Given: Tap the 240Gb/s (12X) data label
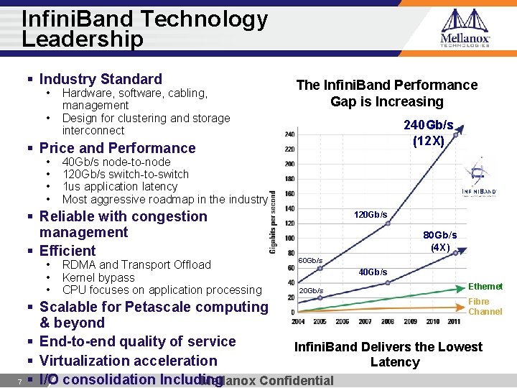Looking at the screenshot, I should (x=429, y=133).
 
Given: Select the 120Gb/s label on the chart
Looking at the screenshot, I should (x=371, y=215).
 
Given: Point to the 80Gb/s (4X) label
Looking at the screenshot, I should (x=439, y=241).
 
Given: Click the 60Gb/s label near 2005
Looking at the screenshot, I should (x=310, y=260).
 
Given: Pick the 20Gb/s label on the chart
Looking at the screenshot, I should (x=310, y=290).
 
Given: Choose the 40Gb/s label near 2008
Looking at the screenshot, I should (x=373, y=272).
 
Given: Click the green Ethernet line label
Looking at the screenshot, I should (x=485, y=287).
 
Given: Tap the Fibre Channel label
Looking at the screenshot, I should (x=485, y=307).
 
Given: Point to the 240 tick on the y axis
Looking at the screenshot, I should (x=289, y=134).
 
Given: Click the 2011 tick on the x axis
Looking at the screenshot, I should (x=453, y=321).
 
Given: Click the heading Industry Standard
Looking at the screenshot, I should (x=101, y=79).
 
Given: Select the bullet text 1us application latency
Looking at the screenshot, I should (x=120, y=186).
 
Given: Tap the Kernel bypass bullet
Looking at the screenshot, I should (x=98, y=277).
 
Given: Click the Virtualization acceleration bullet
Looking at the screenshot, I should (x=128, y=361).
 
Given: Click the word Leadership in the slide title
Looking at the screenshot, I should (x=83, y=40).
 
